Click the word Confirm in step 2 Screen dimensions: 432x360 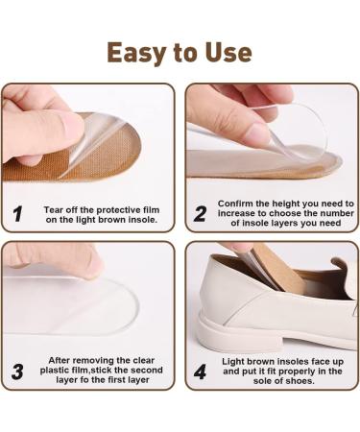[238, 204]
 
